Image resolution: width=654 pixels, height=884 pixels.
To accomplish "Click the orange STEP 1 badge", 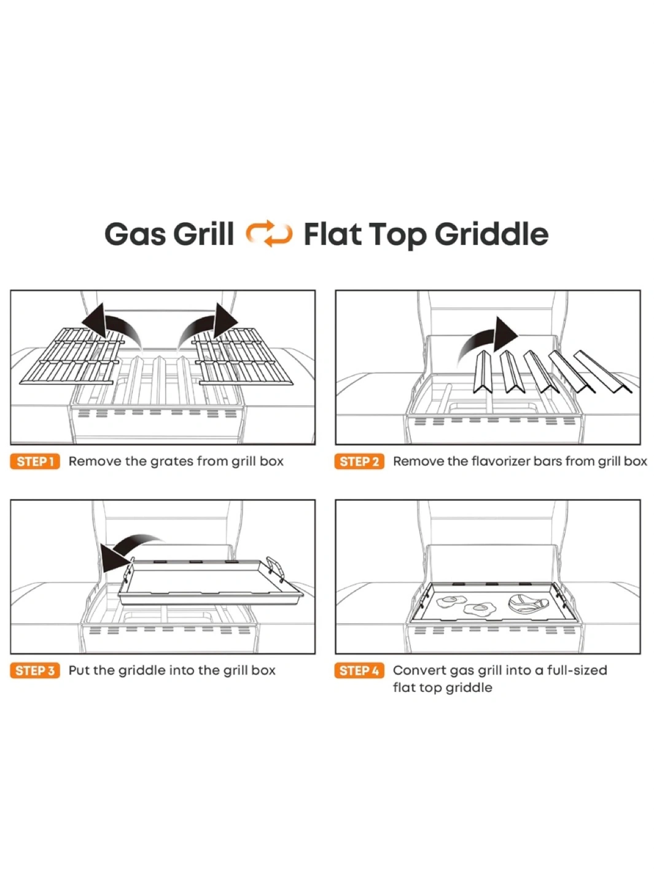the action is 35,461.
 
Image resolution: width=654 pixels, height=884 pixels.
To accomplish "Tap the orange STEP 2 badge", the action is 360,461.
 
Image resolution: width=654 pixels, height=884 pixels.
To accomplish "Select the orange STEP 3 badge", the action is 35,671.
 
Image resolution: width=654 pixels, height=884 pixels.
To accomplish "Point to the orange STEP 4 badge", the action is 360,671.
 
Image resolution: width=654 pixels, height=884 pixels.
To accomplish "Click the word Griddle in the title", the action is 491,234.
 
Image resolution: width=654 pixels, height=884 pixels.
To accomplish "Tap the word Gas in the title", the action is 135,234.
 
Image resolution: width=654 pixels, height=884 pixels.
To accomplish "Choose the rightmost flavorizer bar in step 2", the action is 603,371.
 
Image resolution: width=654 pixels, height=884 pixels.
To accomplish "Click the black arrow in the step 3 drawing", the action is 131,552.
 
